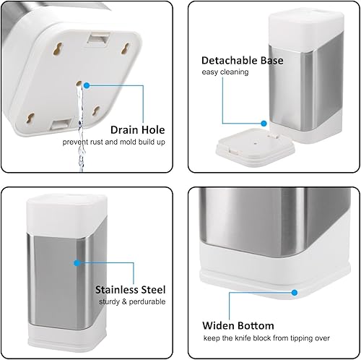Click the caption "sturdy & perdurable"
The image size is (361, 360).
[x=130, y=301]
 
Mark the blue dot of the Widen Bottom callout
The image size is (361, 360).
[x=295, y=293]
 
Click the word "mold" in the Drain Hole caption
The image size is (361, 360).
[x=134, y=142]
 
